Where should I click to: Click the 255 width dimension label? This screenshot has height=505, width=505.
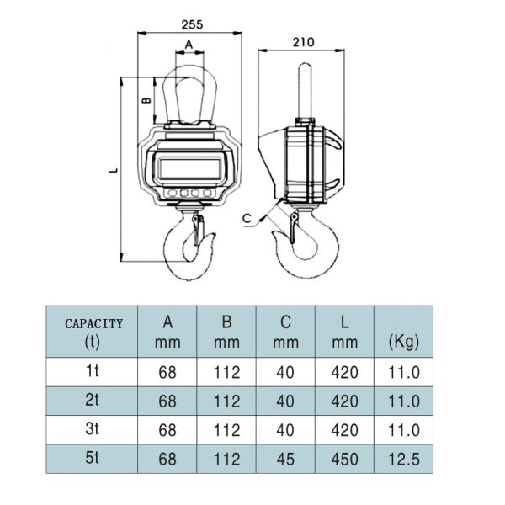[192, 24]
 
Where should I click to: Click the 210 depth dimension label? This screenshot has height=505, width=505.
[303, 42]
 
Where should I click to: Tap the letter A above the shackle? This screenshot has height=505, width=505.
[189, 45]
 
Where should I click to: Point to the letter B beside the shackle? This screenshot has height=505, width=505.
[146, 100]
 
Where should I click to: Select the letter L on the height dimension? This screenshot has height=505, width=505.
[114, 170]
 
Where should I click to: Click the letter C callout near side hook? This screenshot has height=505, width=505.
[247, 219]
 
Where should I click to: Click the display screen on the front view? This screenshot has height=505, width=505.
[189, 168]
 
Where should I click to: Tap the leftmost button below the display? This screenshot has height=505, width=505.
[173, 193]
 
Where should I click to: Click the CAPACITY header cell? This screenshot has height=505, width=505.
[93, 332]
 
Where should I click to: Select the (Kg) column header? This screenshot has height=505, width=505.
[404, 342]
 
